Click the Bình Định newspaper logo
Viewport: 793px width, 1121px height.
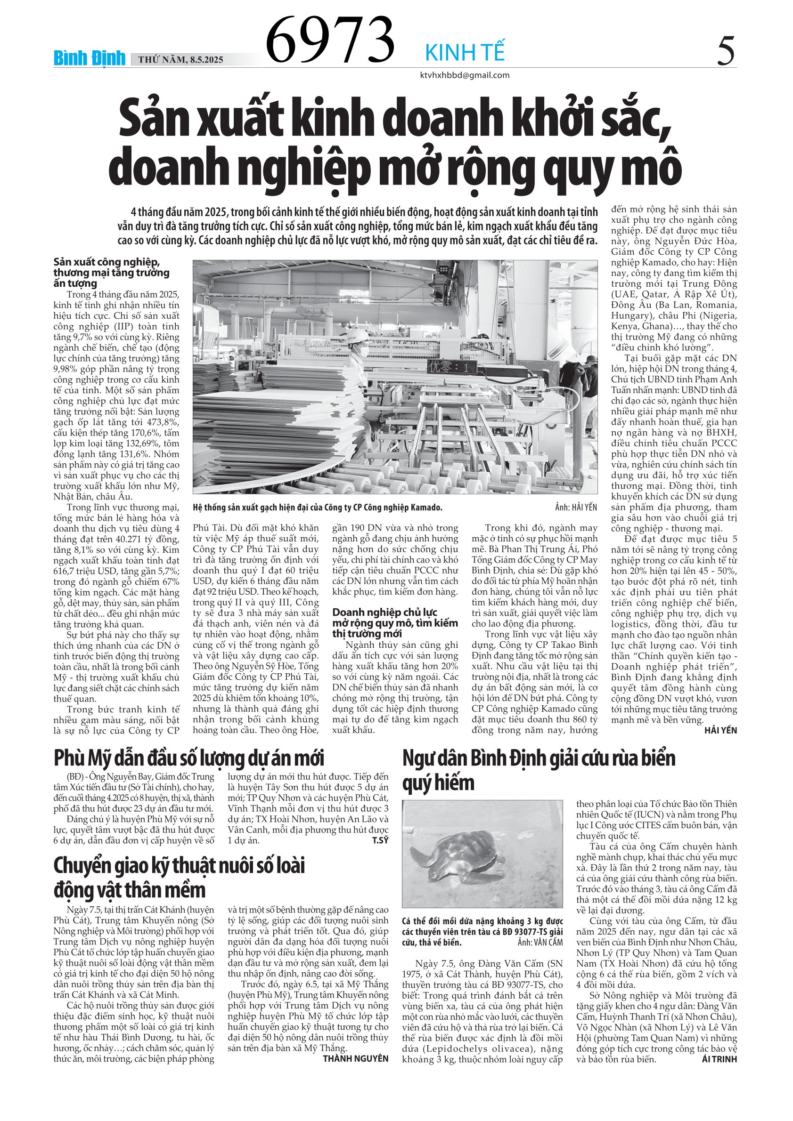(90, 58)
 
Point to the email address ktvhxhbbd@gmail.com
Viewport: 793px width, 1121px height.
(465, 75)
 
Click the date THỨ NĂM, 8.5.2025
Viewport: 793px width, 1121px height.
(180, 60)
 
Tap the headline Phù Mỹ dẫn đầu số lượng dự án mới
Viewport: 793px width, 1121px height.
(188, 758)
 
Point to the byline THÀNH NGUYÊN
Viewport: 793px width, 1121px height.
(355, 1058)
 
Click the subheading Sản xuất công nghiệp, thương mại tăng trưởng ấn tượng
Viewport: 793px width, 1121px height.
(111, 273)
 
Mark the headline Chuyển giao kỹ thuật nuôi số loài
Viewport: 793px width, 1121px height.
(179, 866)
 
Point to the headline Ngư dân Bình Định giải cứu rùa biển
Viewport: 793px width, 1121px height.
(539, 758)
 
